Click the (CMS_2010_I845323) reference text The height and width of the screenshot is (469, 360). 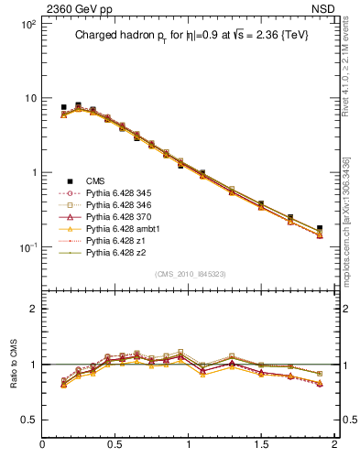coord(188,274)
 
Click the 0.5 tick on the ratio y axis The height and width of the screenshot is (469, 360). coord(30,420)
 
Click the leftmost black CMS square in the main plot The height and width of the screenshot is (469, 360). coord(63,107)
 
